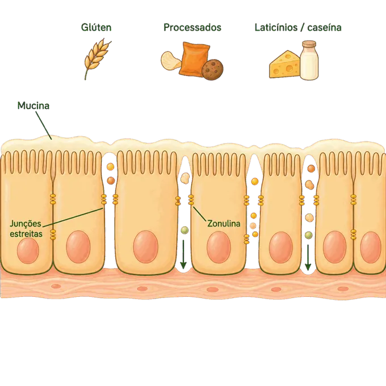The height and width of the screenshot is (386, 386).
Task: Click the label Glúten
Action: pos(96,27)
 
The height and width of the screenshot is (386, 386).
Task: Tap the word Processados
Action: pos(192,27)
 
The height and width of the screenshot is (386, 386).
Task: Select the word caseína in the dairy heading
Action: pos(324,27)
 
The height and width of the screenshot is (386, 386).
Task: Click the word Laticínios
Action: pos(276,27)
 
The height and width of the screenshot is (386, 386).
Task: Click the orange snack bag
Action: pos(194,58)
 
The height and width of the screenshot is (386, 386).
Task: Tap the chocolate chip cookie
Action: pos(212,69)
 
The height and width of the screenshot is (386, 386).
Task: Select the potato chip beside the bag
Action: pos(171,60)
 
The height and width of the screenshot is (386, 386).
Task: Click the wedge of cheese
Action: pos(284,65)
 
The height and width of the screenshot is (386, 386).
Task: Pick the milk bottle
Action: pos(309,61)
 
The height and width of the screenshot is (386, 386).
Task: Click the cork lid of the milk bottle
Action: pos(309,44)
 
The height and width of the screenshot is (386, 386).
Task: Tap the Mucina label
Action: pos(33,106)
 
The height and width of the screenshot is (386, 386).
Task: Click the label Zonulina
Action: pos(224,224)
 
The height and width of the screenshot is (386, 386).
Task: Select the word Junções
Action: pos(26,224)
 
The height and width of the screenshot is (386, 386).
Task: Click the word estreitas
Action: pos(26,234)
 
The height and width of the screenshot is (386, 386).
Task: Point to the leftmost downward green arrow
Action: pos(183,254)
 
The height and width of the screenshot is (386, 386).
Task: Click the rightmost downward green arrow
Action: pos(308,257)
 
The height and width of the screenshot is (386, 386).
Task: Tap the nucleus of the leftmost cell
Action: pos(28,251)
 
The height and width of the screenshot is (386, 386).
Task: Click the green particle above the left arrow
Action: pos(184,230)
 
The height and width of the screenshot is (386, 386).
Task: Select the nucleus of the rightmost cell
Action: pos(371,247)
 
